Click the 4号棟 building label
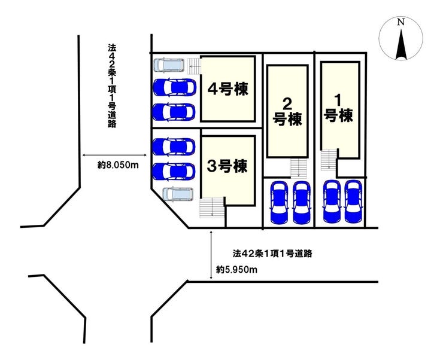(227, 89)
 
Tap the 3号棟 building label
(226, 166)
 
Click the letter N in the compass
(402, 22)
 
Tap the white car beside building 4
(171, 65)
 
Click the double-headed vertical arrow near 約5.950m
(213, 254)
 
